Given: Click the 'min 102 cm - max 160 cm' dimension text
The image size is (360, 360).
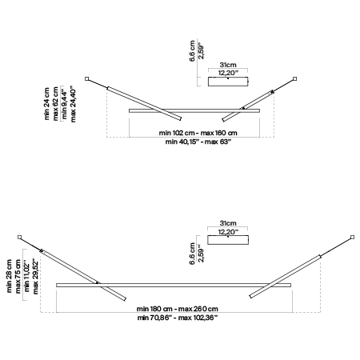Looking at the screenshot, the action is coord(198,133).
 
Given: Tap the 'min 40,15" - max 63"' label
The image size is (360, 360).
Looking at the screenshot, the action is coord(198,142).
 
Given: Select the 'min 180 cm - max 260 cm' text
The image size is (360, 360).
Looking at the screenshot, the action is coord(178,309).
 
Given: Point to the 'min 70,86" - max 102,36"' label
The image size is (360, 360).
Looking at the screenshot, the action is coord(178,318).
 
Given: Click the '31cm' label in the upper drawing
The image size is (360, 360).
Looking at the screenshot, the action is coord(228,65).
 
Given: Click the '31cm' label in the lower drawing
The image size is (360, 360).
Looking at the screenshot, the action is coord(228,223).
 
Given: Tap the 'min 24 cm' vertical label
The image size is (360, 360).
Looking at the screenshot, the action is coord(46,104).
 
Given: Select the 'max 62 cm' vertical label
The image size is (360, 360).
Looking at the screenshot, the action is coord(55,104).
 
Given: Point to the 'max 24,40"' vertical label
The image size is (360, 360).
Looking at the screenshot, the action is coord(73,104).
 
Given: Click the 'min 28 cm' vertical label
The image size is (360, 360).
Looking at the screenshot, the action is coord(10,276).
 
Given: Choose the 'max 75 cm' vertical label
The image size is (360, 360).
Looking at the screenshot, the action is coord(18,276).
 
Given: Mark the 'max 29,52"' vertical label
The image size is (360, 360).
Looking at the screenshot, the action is coord(35,276).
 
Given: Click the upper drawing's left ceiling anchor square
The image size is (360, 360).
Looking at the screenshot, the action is coord(86,78).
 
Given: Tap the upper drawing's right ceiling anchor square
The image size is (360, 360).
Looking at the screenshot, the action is coord(294,78).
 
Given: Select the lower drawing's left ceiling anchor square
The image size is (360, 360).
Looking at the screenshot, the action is coord(19,237).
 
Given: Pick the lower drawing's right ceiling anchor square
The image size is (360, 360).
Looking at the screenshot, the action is coord(352,237).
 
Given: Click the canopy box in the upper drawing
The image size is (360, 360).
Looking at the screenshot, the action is coord(228,82).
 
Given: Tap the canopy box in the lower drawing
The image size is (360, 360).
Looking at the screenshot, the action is coord(228,240).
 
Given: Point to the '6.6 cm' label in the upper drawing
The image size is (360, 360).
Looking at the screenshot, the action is coord(192,51).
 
